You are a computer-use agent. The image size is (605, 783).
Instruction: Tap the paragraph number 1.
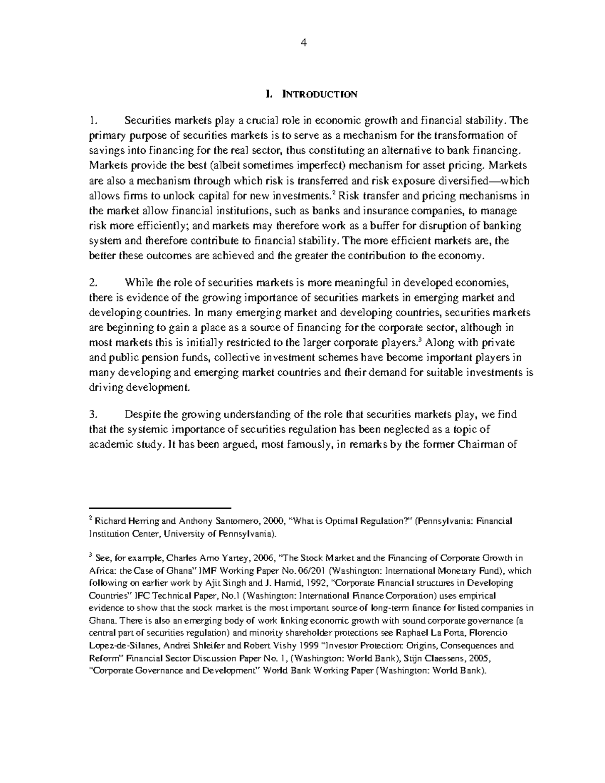pyautogui.click(x=92, y=121)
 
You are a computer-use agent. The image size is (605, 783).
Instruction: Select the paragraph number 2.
pyautogui.click(x=92, y=282)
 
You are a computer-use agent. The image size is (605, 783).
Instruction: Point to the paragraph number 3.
pyautogui.click(x=92, y=415)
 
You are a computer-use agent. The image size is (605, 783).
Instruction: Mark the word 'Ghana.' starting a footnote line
pyautogui.click(x=100, y=620)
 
